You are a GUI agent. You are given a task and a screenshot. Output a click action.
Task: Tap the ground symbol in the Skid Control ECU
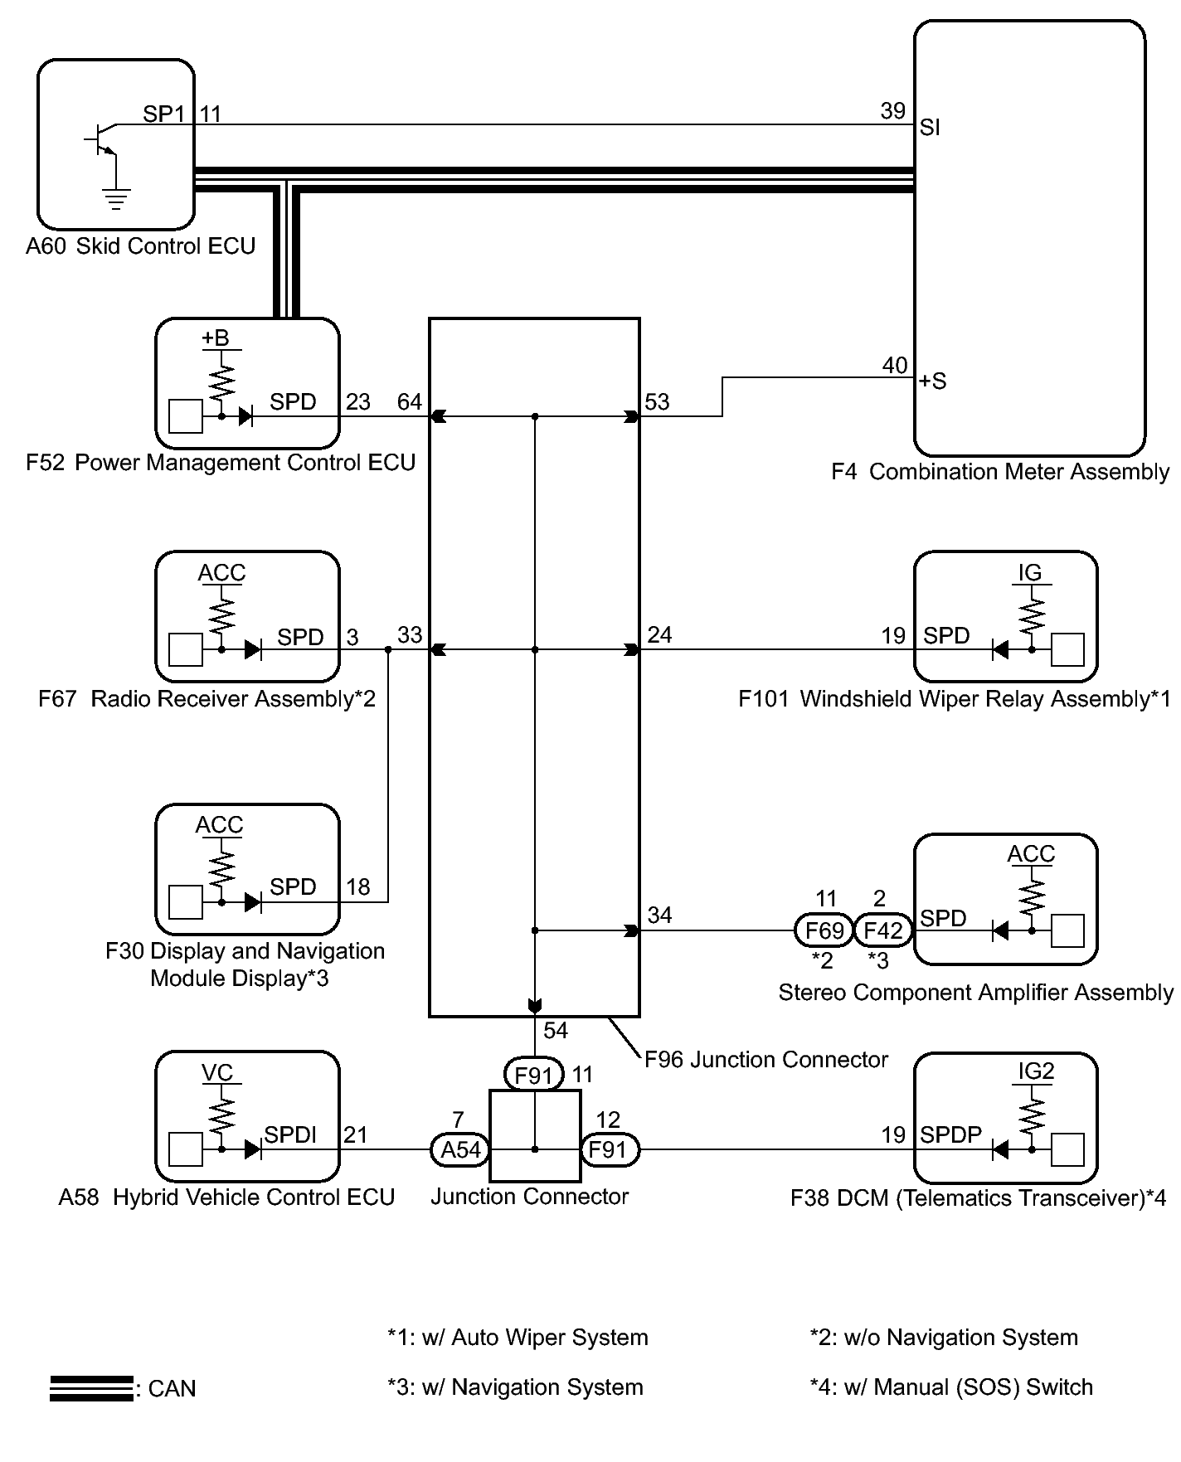click(x=115, y=199)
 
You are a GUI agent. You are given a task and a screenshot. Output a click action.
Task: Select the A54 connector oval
click(x=460, y=1149)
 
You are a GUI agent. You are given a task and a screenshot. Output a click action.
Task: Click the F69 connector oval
click(x=824, y=930)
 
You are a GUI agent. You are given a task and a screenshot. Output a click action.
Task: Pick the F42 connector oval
click(x=882, y=930)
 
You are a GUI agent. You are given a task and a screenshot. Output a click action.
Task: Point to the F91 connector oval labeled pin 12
click(x=609, y=1149)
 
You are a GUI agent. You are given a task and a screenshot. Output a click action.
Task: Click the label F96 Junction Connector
click(x=765, y=1060)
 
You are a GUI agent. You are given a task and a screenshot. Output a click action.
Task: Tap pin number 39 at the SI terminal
click(x=892, y=111)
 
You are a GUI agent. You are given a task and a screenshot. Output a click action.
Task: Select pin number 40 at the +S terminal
click(x=894, y=365)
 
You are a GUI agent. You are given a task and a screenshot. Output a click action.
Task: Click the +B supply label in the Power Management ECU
click(x=215, y=338)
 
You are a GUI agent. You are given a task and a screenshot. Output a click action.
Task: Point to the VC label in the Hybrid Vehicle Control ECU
click(x=217, y=1073)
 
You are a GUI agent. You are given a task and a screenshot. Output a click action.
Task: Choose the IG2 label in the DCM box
click(x=1035, y=1071)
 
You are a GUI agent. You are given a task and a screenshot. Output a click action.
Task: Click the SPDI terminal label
click(x=289, y=1134)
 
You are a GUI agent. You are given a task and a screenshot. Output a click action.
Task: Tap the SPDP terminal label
click(x=950, y=1134)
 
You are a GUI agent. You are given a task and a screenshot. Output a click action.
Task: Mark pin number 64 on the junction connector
click(x=410, y=402)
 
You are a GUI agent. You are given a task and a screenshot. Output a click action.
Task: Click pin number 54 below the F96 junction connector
click(x=556, y=1031)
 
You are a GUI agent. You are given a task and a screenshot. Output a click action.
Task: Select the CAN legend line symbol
click(x=91, y=1388)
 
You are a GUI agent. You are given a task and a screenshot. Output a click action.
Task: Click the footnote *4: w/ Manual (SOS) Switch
click(x=951, y=1387)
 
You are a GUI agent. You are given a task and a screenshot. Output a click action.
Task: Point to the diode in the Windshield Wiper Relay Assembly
click(x=1001, y=649)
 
